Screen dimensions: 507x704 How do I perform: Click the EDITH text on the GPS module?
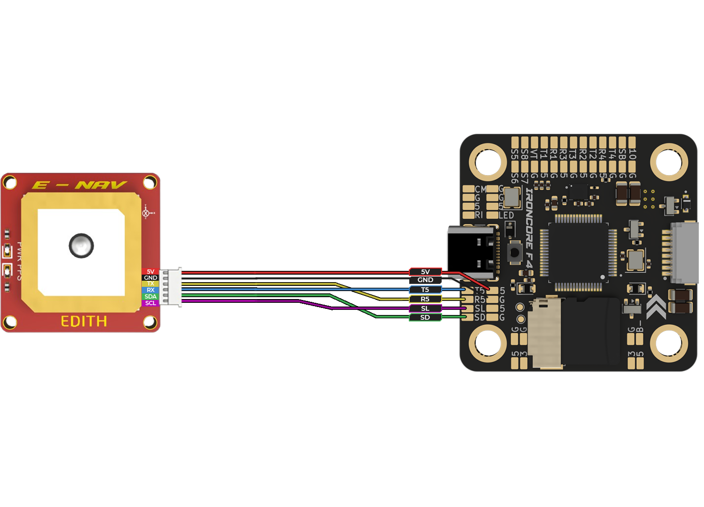click(84, 322)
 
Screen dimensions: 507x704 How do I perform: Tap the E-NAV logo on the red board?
click(79, 185)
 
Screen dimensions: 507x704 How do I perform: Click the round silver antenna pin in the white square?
click(81, 246)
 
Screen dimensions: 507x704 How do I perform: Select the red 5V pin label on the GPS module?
click(150, 272)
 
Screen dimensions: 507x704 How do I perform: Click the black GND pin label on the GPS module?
click(150, 278)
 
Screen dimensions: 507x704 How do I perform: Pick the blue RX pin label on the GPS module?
click(150, 290)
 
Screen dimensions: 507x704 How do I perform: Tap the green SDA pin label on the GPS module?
click(150, 297)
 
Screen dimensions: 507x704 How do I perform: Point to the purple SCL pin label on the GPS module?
click(150, 303)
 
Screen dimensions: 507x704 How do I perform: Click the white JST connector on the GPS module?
click(171, 287)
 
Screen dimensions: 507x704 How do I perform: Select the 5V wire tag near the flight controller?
click(425, 272)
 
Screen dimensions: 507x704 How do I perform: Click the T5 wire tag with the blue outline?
click(425, 290)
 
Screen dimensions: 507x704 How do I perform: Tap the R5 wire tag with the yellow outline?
click(425, 299)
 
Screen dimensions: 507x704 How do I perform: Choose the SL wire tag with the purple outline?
click(425, 308)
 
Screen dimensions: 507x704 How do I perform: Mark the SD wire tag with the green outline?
click(425, 317)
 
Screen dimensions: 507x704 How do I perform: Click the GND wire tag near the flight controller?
click(425, 280)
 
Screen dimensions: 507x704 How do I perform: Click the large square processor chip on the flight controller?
click(578, 252)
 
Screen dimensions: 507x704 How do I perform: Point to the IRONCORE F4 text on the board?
click(529, 228)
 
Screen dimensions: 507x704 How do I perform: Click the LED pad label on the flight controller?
click(506, 215)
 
